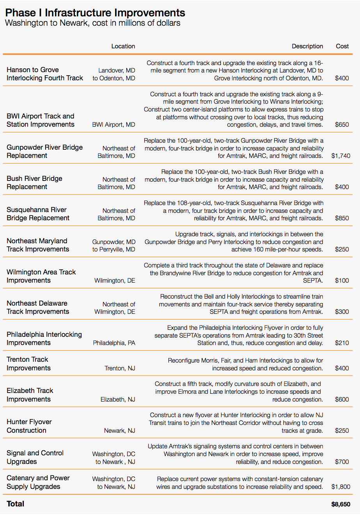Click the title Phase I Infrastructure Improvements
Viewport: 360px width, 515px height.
pyautogui.click(x=95, y=13)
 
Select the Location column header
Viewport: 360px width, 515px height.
pyautogui.click(x=123, y=46)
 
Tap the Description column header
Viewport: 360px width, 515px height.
pyautogui.click(x=307, y=46)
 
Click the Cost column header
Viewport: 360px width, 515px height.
pyautogui.click(x=342, y=46)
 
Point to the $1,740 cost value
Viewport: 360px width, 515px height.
pyautogui.click(x=340, y=156)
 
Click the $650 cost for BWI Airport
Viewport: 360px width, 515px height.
pyautogui.click(x=342, y=124)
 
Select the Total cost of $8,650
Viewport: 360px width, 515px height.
pyautogui.click(x=340, y=504)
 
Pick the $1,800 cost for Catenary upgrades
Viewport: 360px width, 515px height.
pyautogui.click(x=340, y=487)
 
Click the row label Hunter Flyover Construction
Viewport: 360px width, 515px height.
pyautogui.click(x=29, y=426)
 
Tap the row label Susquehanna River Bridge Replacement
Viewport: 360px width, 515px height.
pyautogui.click(x=38, y=214)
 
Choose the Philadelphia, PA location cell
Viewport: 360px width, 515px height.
pyautogui.click(x=114, y=343)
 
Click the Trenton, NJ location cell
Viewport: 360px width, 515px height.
pyautogui.click(x=120, y=368)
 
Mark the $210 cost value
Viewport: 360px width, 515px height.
pyautogui.click(x=342, y=343)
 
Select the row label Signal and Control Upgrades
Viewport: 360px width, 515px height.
pyautogui.click(x=35, y=457)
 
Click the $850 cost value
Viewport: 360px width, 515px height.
pyautogui.click(x=342, y=218)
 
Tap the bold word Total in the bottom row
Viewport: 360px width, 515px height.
pyautogui.click(x=16, y=504)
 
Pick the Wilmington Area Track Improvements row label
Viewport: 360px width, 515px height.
pyautogui.click(x=41, y=276)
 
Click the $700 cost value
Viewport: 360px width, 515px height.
pyautogui.click(x=342, y=462)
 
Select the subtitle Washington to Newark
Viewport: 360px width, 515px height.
pyautogui.click(x=92, y=23)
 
